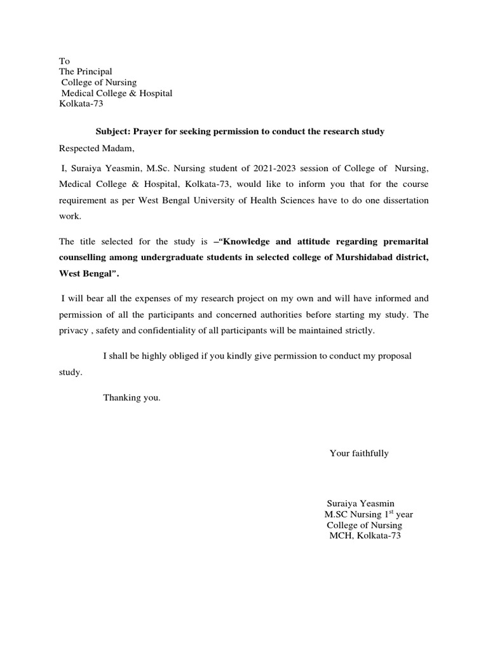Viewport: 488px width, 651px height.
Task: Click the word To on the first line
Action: coord(64,61)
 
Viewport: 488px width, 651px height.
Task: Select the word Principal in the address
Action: coord(94,72)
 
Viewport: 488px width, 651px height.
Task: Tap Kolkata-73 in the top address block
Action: coord(81,104)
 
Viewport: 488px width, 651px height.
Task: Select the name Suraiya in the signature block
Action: coord(342,503)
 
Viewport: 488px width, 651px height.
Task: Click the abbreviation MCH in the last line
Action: coord(341,536)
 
